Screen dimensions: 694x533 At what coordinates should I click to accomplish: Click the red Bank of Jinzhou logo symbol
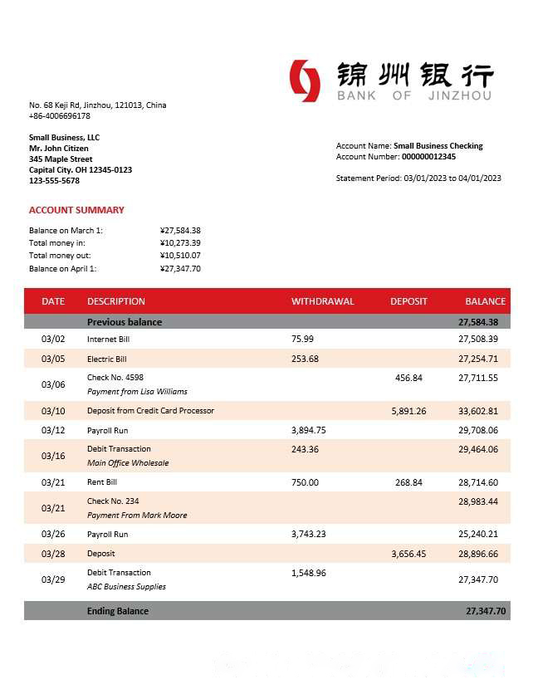(305, 81)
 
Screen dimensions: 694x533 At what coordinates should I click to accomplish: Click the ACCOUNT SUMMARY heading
(76, 210)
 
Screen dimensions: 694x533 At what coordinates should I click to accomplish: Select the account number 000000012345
(428, 156)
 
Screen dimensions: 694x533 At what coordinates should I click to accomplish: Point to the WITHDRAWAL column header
(322, 301)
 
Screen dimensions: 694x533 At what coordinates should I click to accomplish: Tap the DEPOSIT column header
(408, 301)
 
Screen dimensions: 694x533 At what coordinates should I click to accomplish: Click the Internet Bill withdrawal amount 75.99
(302, 339)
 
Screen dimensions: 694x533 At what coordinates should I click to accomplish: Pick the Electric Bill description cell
(107, 359)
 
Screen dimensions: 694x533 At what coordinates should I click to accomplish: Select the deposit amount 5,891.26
(408, 411)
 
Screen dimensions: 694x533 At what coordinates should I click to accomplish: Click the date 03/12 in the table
(52, 430)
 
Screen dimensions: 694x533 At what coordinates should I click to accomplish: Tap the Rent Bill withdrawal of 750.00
(305, 482)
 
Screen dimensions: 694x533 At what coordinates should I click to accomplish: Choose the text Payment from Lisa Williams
(137, 392)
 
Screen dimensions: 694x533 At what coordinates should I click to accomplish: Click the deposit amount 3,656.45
(408, 554)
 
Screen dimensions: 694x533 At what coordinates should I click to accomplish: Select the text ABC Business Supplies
(126, 587)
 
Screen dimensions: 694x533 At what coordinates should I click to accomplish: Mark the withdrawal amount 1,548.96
(309, 573)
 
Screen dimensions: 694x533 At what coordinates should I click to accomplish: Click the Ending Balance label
(118, 611)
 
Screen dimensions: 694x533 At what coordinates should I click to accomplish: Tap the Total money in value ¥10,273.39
(180, 243)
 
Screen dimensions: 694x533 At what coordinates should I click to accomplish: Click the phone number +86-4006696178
(60, 116)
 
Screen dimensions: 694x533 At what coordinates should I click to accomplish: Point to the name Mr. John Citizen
(59, 149)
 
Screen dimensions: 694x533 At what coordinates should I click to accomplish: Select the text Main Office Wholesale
(128, 463)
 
